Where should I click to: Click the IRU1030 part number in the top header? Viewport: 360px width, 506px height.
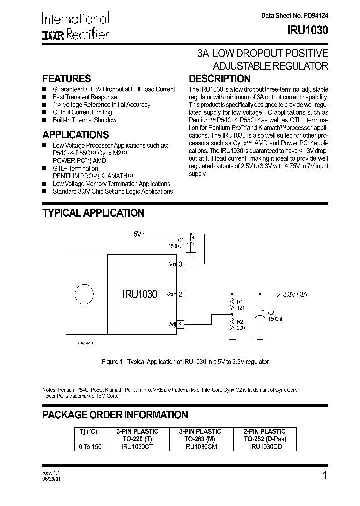[307, 30]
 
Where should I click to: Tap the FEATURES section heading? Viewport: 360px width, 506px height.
[67, 79]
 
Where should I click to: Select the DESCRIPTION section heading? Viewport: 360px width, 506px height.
[219, 79]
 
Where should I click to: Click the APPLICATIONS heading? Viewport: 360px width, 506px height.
[75, 135]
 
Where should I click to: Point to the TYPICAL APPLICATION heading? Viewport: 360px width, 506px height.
[93, 213]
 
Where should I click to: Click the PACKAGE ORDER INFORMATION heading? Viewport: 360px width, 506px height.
[115, 415]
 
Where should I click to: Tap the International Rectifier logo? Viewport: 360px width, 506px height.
[75, 26]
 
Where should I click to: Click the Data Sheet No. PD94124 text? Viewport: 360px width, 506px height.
[295, 15]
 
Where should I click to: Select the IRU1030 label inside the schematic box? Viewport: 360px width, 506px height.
[140, 295]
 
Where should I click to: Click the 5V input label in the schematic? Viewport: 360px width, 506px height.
[138, 234]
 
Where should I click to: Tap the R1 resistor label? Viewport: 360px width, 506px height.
[240, 301]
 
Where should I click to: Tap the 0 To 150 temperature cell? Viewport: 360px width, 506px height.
[90, 447]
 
